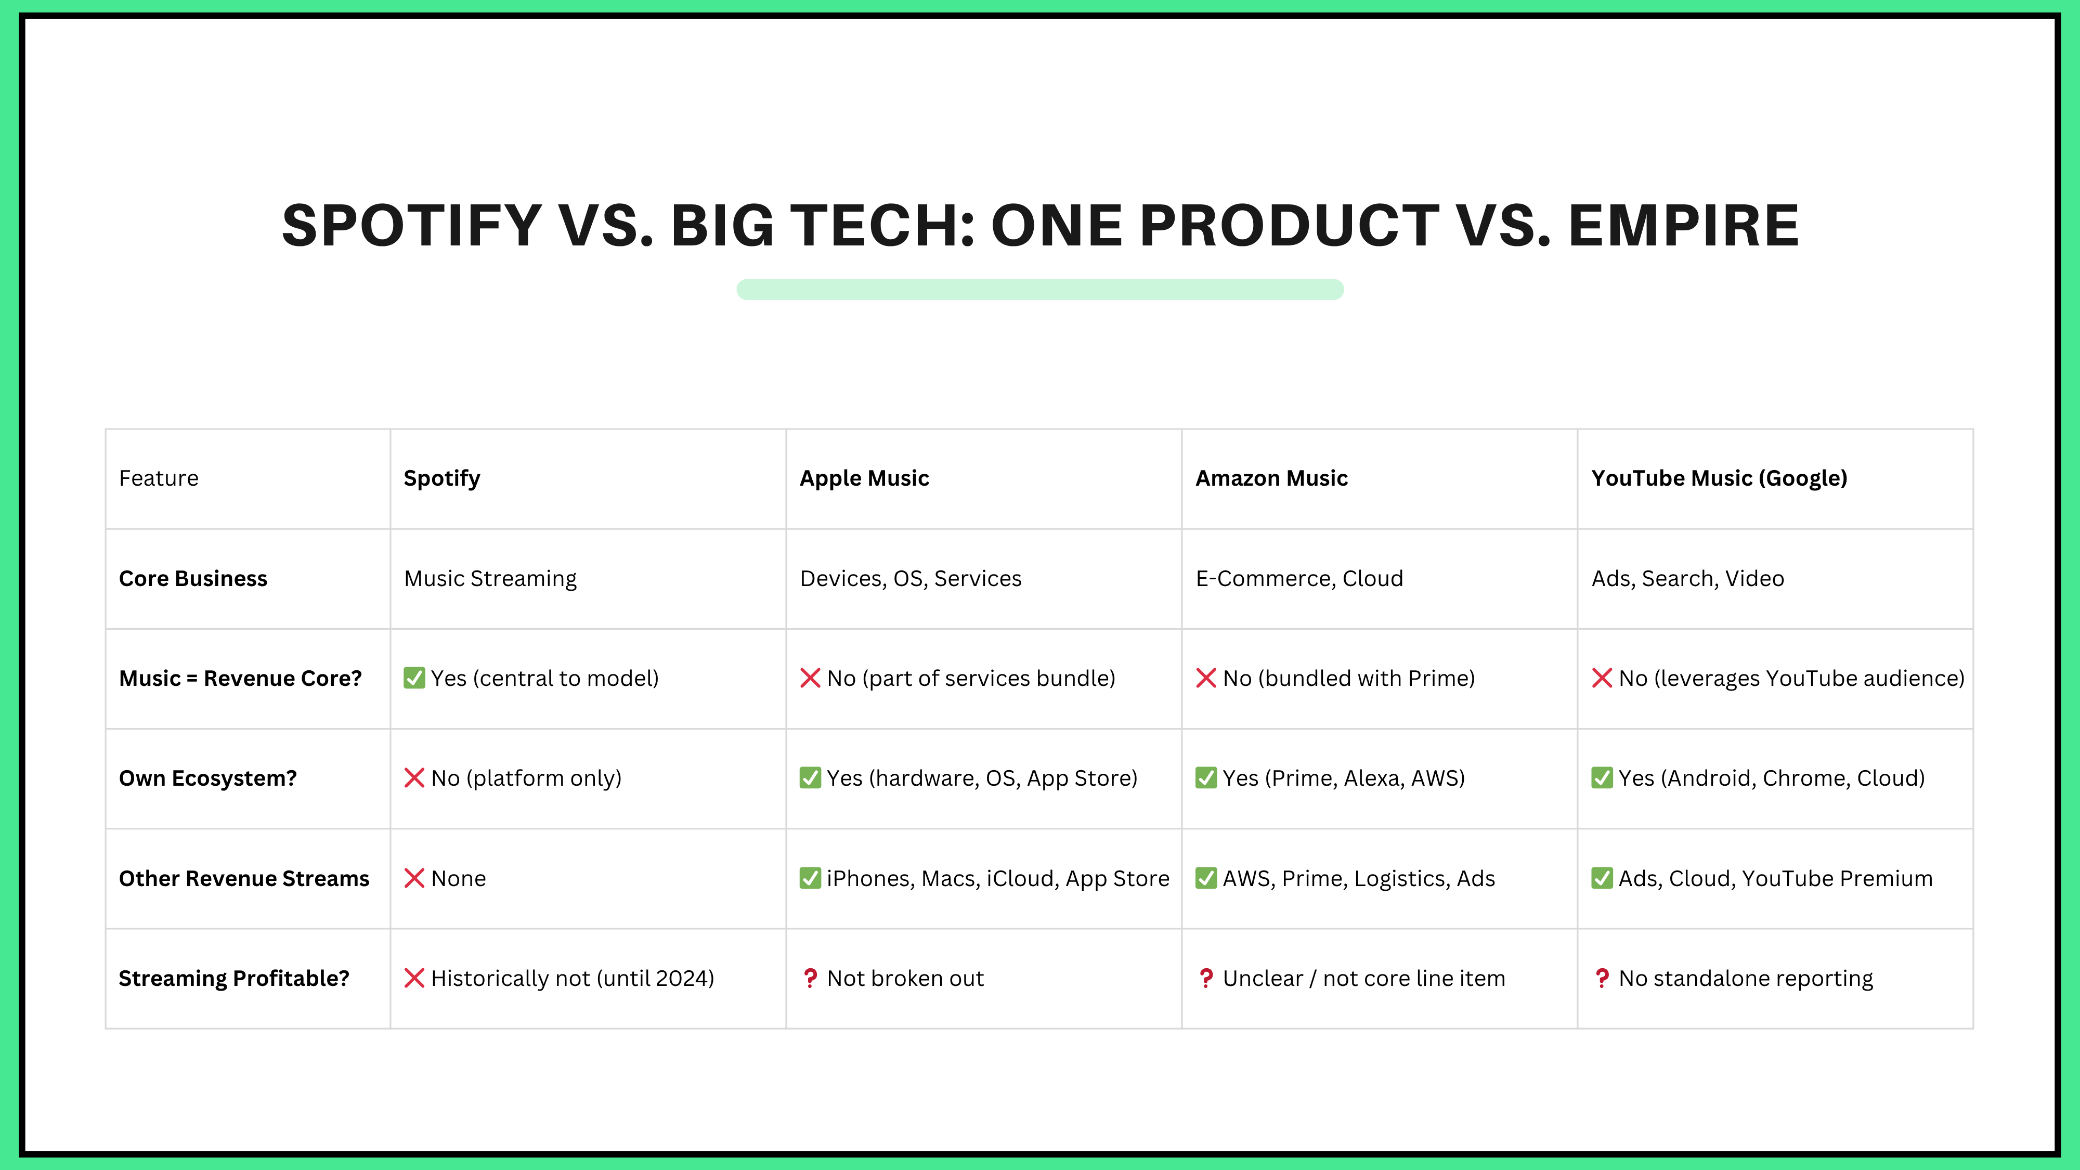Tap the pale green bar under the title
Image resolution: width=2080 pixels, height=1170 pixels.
[1040, 289]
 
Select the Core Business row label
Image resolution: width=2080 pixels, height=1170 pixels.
[193, 578]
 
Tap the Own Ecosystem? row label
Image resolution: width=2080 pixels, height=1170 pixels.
[207, 778]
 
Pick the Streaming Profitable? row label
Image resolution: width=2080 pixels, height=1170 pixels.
[234, 979]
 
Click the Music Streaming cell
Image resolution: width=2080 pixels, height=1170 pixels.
[490, 578]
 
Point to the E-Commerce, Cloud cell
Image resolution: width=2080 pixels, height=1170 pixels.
[1299, 578]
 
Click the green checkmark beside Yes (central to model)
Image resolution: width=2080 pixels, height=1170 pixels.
[414, 678]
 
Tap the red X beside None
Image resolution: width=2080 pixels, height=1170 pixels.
[414, 878]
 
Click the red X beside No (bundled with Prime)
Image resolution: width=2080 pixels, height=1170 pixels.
[1206, 678]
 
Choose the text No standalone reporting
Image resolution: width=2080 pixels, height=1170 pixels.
[1746, 979]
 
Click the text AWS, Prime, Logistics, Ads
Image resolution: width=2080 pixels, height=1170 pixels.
[1359, 878]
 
